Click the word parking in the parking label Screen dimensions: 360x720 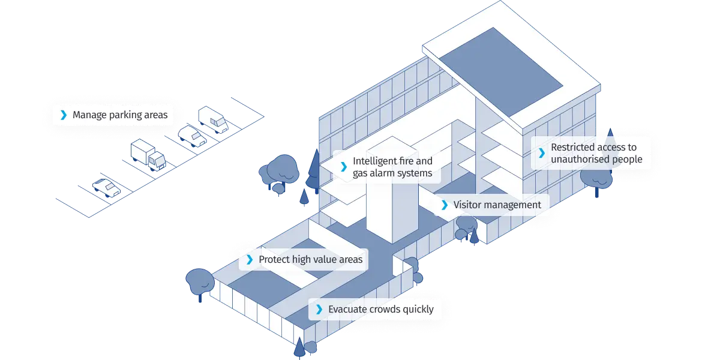(118, 115)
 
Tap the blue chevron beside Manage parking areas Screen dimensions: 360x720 (63, 115)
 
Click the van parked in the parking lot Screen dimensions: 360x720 (214, 119)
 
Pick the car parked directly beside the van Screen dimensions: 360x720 (192, 136)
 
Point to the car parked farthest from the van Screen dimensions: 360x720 (106, 188)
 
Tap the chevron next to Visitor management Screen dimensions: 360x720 (444, 205)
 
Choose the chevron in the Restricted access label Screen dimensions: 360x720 (541, 153)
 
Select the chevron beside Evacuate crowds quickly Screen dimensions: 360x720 (319, 310)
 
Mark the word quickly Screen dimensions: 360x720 (418, 310)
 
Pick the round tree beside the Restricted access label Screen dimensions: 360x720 (594, 177)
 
